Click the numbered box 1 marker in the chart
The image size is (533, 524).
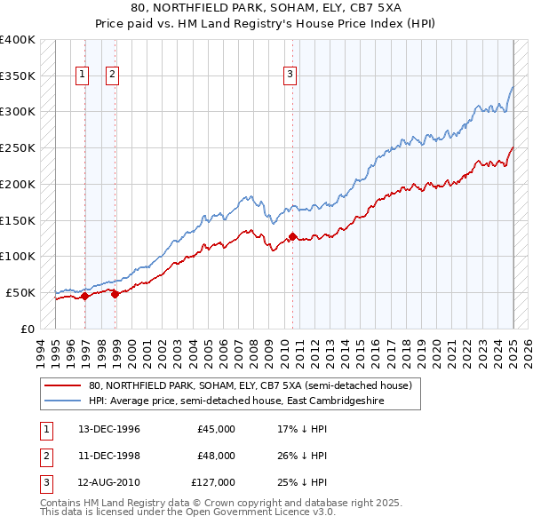click(x=82, y=75)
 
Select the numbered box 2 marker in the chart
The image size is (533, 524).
click(x=112, y=75)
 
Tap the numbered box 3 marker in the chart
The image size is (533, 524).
click(x=290, y=75)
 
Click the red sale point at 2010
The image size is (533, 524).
click(x=292, y=237)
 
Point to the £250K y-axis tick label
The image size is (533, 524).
click(x=18, y=148)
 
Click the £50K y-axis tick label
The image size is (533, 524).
click(x=20, y=292)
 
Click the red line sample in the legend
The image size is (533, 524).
click(x=62, y=386)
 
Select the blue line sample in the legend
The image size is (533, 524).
click(x=62, y=401)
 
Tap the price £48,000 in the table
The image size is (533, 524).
click(x=216, y=456)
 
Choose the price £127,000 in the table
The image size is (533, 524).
click(x=213, y=482)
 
